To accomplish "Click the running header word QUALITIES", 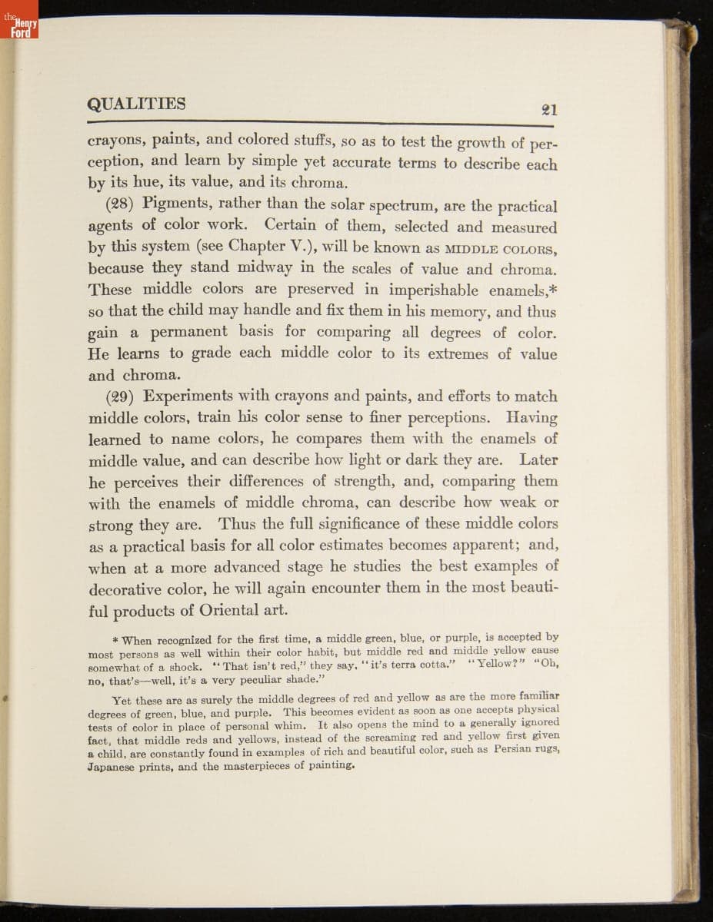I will pos(136,104).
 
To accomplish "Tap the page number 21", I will pos(549,110).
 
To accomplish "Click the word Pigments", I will pos(177,204).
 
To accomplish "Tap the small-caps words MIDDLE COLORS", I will pos(503,249).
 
